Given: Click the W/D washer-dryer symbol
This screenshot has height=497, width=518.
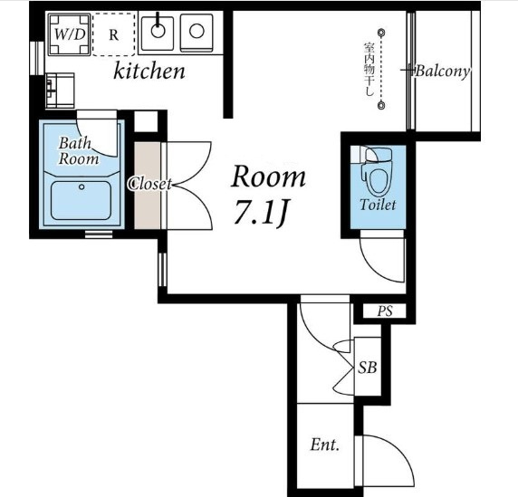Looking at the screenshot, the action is coord(69,34).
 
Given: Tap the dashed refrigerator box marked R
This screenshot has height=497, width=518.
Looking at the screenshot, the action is coord(113,34).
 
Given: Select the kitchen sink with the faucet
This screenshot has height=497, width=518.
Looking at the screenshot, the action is coord(158,32).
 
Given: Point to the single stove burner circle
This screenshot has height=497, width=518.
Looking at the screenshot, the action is coord(197,31).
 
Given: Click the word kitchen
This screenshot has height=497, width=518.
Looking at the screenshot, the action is coord(149,71).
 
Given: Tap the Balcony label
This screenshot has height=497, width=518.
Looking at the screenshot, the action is coord(442,71).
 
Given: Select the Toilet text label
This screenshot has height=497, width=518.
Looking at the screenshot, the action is coord(378,205).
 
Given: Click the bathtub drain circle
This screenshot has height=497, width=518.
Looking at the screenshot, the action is coord(82,186).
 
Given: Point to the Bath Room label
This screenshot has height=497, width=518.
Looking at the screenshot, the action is coord(79,151).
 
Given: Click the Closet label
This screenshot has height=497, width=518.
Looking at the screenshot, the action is coord(150,184).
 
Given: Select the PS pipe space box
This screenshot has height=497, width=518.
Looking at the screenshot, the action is coord(385,311).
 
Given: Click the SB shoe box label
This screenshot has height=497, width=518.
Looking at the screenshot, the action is coord(368,367).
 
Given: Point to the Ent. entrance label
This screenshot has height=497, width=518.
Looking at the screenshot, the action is coord(325,444).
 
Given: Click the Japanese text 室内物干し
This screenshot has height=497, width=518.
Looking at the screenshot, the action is coord(369,69).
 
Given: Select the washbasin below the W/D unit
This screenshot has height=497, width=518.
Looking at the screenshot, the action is coord(60,91).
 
